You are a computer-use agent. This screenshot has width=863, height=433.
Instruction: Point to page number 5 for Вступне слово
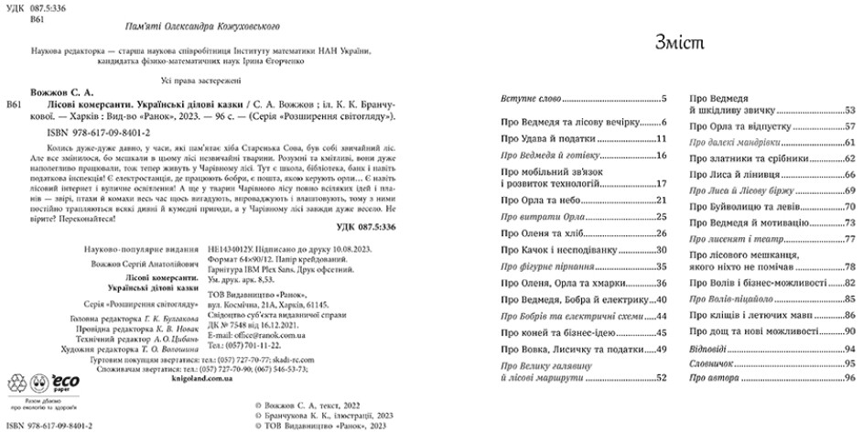click(x=663, y=97)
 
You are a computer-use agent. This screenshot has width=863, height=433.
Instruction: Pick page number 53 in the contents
click(x=849, y=109)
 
